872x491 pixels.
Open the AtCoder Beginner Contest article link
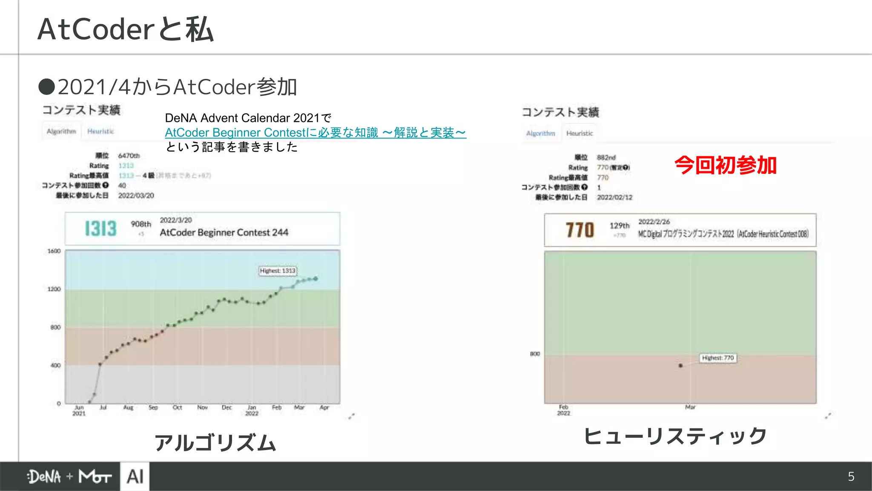(x=315, y=133)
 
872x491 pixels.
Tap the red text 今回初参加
(x=726, y=165)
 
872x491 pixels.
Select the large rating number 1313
(x=100, y=229)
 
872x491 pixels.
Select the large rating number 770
(x=579, y=230)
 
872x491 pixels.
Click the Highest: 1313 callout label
(x=278, y=271)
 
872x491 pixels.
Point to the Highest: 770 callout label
(x=718, y=358)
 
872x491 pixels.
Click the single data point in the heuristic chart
(x=680, y=366)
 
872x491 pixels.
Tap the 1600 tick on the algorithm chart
(x=54, y=251)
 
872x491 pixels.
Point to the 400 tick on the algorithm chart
(x=55, y=365)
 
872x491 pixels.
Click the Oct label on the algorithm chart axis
(x=177, y=407)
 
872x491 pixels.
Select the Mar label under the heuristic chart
(x=690, y=407)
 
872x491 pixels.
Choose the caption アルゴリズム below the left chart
(x=215, y=442)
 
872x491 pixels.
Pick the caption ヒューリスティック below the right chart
(x=675, y=436)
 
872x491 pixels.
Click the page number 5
(x=851, y=477)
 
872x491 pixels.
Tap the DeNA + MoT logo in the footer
(x=69, y=477)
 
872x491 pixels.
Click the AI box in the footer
(x=135, y=477)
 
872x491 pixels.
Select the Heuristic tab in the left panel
(x=100, y=131)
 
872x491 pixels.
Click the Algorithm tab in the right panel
(x=541, y=133)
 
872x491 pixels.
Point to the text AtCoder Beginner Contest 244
(x=224, y=232)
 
